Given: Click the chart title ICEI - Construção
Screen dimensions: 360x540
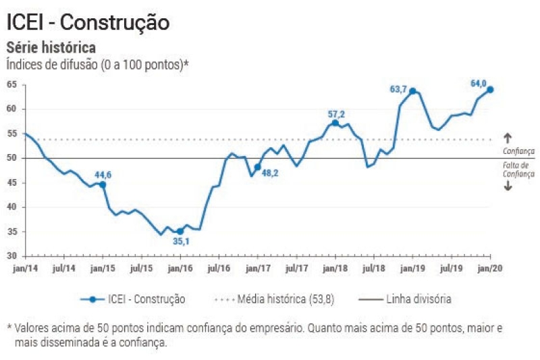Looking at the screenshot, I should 88,22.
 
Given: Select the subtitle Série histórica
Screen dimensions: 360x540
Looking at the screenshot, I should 51,48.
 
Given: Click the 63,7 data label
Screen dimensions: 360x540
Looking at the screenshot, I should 400,89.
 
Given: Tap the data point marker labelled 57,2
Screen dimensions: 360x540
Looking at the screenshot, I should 335,123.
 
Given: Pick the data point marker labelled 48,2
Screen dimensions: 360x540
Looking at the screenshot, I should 257,167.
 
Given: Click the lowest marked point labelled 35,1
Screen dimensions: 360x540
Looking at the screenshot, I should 180,231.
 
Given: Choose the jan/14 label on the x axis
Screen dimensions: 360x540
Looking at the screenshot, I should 25,268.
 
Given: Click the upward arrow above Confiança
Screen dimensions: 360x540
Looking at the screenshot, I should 508,138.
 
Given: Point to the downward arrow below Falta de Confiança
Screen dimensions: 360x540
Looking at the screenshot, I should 508,186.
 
